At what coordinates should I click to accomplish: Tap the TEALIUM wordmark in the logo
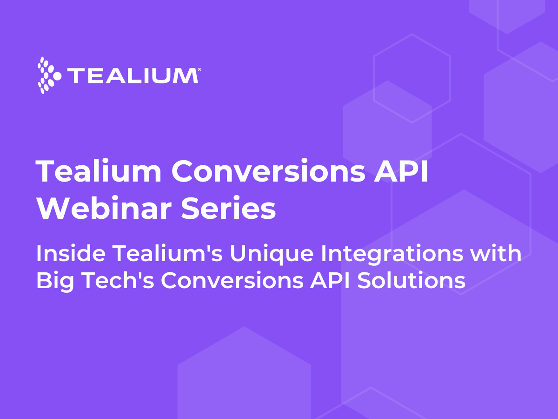(x=132, y=76)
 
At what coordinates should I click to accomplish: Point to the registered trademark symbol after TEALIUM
(x=199, y=69)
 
